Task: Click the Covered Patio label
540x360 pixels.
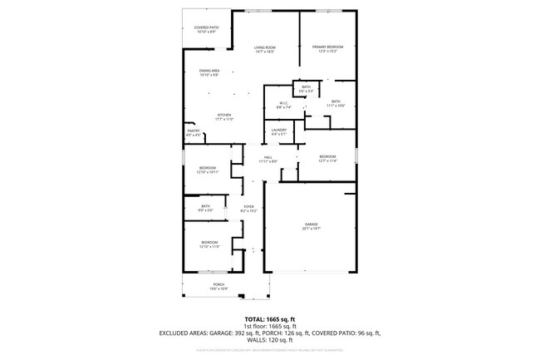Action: (207, 30)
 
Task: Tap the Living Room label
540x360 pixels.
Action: (265, 50)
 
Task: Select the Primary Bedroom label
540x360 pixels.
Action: (328, 49)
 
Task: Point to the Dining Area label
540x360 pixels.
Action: (209, 73)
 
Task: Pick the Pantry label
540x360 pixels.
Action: (194, 132)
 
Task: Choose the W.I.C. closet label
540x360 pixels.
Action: (283, 105)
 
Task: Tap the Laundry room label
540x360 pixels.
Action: (278, 131)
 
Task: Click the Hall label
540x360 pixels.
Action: (268, 159)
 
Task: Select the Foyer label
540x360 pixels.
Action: (248, 209)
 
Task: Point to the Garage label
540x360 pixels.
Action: (312, 226)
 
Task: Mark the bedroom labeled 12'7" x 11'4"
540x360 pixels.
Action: (328, 158)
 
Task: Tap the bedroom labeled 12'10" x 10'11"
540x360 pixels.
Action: (209, 170)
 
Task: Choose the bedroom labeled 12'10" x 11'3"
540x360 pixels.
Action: (209, 244)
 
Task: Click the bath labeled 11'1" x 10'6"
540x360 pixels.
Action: (336, 103)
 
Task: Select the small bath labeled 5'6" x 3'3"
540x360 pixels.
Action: (306, 89)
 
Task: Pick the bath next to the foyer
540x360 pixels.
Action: (206, 209)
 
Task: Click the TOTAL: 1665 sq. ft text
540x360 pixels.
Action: (270, 319)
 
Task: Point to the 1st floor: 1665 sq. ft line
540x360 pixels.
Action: (270, 326)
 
